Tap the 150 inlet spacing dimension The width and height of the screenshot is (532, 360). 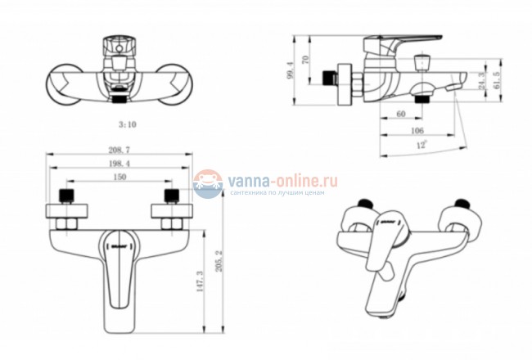119,177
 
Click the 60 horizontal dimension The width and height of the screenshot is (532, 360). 400,115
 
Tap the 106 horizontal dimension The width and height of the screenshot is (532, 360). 417,130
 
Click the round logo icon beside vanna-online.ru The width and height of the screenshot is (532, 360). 208,183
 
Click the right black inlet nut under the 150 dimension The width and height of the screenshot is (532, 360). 173,197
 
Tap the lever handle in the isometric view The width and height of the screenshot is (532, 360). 383,245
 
